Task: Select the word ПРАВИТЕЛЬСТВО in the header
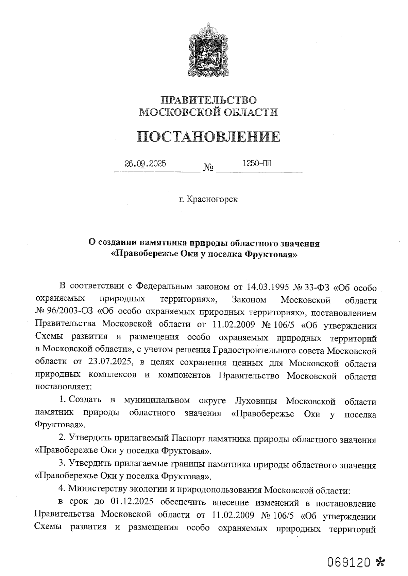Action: coord(209,100)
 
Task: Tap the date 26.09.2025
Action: coord(145,164)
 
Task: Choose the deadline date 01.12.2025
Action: coord(131,502)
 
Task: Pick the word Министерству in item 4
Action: coord(97,489)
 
